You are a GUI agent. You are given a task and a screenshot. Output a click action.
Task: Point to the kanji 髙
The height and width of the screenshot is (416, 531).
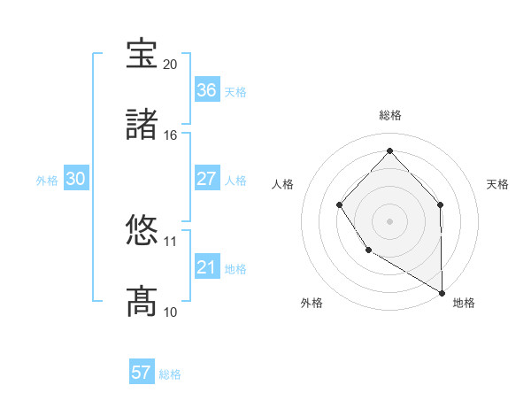tap(142, 301)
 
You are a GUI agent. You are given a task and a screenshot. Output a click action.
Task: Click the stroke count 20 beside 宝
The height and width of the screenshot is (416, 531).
tap(171, 65)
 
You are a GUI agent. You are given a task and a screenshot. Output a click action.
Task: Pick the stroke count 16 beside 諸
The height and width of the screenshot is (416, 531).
tap(171, 135)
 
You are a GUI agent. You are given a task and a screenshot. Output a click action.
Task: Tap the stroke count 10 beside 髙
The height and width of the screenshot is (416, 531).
tap(171, 312)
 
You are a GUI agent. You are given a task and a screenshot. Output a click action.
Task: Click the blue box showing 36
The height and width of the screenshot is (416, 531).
tap(206, 90)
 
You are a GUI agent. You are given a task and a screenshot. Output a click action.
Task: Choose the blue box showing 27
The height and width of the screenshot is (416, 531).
tap(206, 179)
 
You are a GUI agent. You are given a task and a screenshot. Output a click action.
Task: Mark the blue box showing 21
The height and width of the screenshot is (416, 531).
tap(206, 267)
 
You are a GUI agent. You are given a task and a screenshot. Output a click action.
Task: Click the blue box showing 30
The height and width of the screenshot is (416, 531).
tap(76, 179)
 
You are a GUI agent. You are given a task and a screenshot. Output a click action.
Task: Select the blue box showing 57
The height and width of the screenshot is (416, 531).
tap(141, 373)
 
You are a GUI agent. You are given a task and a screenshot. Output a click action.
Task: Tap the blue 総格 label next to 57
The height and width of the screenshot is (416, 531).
tap(170, 374)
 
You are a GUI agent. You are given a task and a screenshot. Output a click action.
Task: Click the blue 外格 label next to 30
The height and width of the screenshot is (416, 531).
tap(47, 181)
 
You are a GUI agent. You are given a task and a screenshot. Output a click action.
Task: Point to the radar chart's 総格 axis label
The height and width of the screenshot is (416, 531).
tap(389, 115)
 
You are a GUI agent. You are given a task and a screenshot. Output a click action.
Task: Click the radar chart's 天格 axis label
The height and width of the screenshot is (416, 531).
tap(497, 184)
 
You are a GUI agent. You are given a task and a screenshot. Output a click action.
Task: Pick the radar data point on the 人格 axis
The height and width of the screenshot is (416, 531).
tap(340, 205)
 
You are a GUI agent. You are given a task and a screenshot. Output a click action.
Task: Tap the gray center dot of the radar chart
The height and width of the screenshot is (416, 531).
tap(389, 220)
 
